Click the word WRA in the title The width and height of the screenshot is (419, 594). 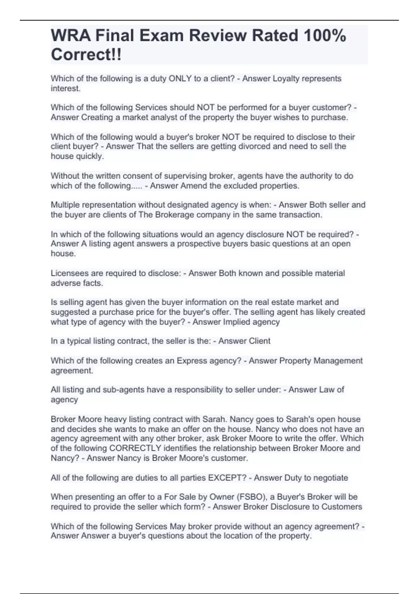pyautogui.click(x=70, y=36)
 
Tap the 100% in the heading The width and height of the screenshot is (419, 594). pyautogui.click(x=325, y=36)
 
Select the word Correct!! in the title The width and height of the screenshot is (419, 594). pyautogui.click(x=86, y=55)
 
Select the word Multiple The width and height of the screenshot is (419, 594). pyautogui.click(x=66, y=205)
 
